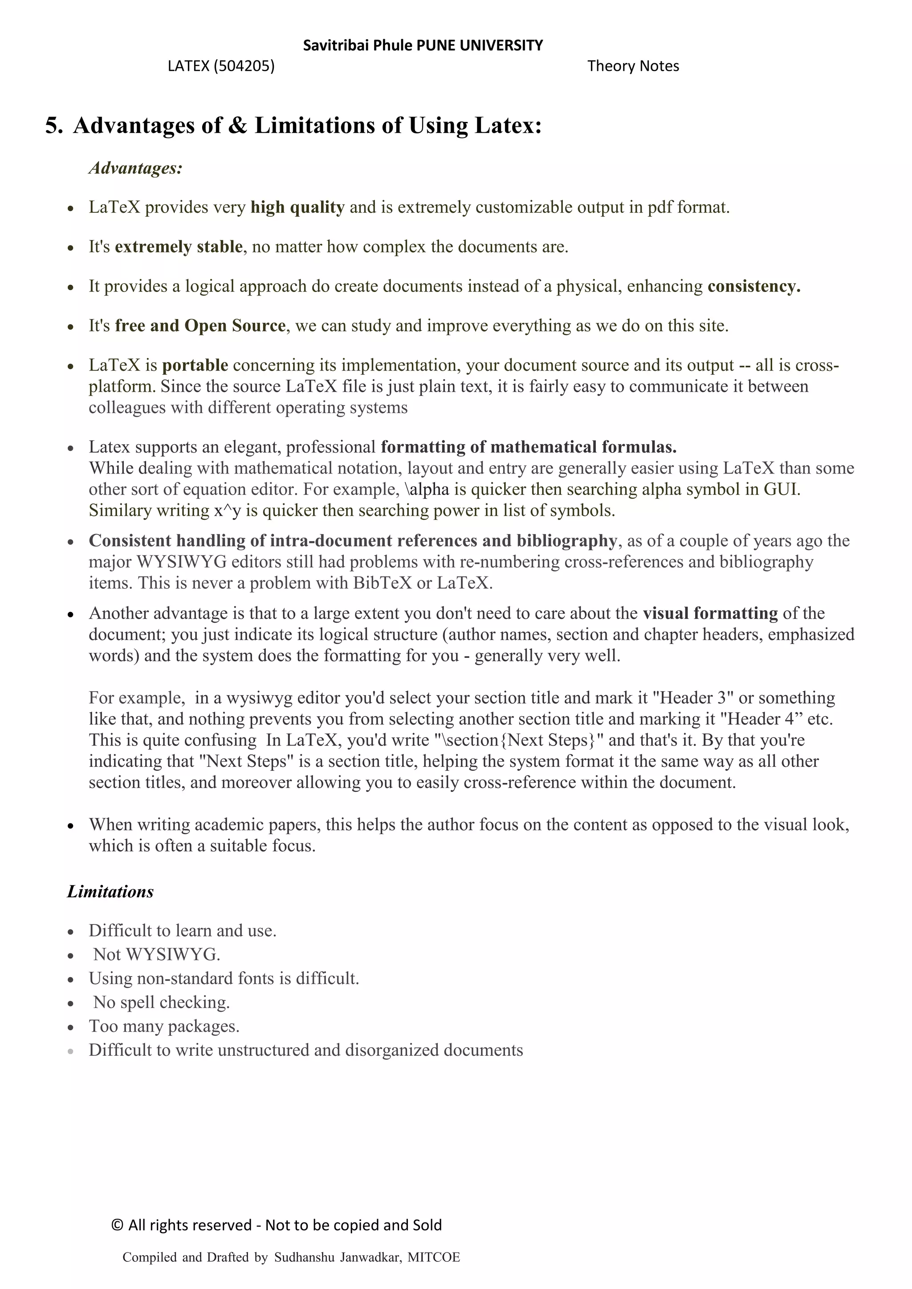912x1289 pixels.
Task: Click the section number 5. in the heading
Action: (x=54, y=125)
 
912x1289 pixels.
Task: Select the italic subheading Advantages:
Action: (x=135, y=168)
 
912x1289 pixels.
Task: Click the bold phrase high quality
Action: (x=297, y=208)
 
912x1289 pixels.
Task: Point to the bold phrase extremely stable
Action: (x=179, y=247)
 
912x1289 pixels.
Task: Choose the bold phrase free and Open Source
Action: (x=200, y=326)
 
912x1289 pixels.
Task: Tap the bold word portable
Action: (x=195, y=365)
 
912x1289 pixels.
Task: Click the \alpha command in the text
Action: (x=427, y=490)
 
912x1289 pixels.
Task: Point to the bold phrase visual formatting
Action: (x=710, y=613)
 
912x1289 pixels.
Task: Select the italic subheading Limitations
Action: (x=110, y=892)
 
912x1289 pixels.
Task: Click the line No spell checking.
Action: (x=161, y=1002)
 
